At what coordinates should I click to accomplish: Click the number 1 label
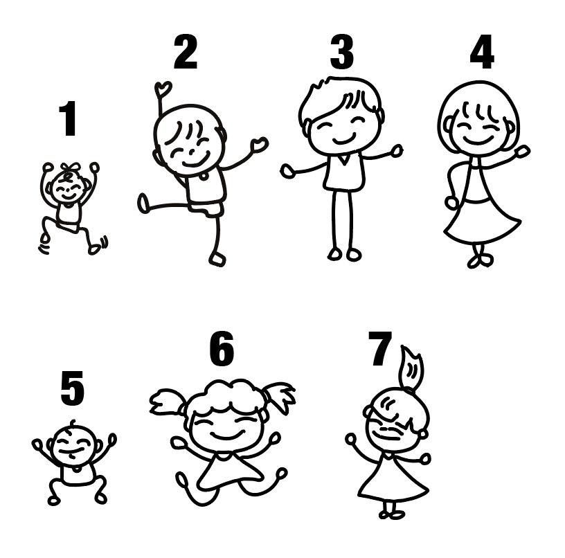(x=68, y=118)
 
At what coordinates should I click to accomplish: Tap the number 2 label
(x=186, y=52)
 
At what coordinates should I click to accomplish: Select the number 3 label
(x=341, y=52)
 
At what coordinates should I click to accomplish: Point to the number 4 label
(x=482, y=52)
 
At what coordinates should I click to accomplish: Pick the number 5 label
(x=73, y=388)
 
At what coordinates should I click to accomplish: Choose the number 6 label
(x=222, y=348)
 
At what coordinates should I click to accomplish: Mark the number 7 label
(x=380, y=348)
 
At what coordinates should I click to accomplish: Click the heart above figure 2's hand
(x=163, y=88)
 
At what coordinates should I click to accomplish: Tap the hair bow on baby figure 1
(x=71, y=168)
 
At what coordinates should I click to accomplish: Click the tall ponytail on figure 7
(x=411, y=369)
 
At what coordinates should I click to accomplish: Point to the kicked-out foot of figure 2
(x=143, y=204)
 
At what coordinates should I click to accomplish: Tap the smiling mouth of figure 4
(x=478, y=140)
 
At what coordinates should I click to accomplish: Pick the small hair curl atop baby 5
(x=73, y=422)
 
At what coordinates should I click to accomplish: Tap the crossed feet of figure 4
(x=481, y=260)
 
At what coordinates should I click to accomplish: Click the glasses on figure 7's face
(x=391, y=430)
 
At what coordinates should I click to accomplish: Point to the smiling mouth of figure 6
(x=228, y=436)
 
